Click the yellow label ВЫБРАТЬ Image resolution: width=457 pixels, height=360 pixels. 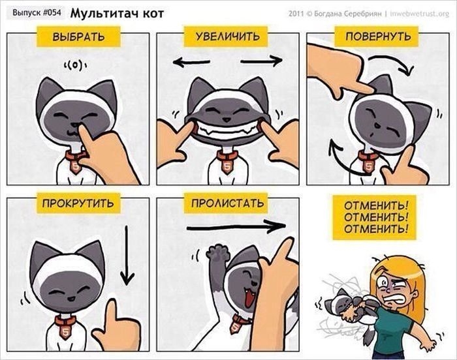78,37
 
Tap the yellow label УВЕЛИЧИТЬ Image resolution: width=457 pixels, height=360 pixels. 226,37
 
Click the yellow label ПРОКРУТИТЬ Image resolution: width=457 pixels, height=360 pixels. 78,203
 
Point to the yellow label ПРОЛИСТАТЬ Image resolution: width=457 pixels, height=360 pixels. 226,203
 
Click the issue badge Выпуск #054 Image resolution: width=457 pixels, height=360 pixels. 37,13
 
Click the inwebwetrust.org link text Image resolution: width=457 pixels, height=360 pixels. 419,14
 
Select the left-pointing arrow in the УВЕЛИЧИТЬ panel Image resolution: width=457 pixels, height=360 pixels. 191,62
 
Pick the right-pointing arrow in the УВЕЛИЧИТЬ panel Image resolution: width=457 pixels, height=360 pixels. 261,61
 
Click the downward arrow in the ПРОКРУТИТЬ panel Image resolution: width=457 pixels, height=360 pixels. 127,256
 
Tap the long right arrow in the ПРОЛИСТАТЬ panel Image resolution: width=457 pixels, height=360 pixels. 236,226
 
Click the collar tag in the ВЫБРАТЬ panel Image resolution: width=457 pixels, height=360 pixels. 76,166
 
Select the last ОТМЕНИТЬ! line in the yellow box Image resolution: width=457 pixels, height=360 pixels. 376,229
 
